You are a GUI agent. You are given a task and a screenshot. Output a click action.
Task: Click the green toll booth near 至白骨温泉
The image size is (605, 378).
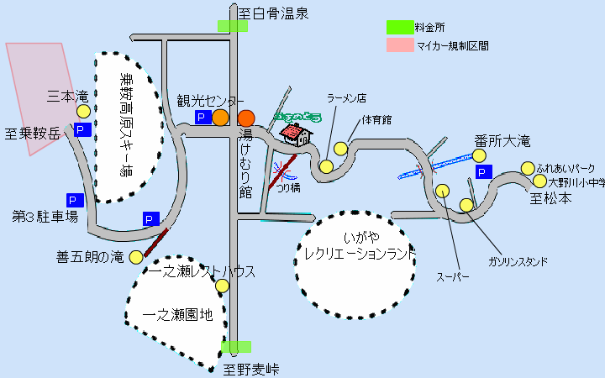(x=233, y=25)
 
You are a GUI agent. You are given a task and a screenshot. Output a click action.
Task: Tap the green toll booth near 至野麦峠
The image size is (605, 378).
(x=236, y=346)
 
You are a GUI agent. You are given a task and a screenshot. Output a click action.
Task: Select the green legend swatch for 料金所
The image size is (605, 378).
(x=400, y=27)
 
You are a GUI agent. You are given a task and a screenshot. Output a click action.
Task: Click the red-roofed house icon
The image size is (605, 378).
(x=293, y=134)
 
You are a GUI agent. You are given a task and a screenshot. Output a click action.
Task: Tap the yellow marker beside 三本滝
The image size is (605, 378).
(x=83, y=111)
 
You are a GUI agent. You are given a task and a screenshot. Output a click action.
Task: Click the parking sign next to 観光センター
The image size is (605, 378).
(x=201, y=118)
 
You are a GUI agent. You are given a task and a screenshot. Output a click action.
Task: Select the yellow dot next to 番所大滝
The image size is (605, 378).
(x=479, y=155)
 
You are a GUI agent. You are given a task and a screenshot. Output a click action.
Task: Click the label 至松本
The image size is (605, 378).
(x=550, y=199)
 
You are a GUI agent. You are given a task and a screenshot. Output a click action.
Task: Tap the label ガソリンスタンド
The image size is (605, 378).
(x=518, y=261)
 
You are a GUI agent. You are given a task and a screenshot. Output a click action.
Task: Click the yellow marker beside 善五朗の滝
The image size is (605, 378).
(x=136, y=257)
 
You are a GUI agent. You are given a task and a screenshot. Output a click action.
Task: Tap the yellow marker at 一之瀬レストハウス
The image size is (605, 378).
(x=222, y=286)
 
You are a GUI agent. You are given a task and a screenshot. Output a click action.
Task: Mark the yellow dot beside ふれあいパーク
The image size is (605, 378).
(x=528, y=168)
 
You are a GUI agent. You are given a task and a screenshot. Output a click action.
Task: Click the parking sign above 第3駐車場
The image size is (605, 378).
(x=74, y=201)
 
